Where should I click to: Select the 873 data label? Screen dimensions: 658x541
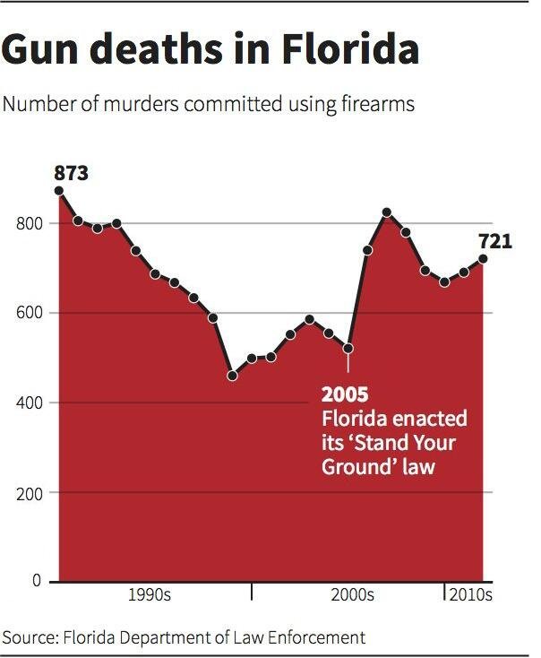[x=71, y=173]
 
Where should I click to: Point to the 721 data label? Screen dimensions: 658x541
[x=494, y=241]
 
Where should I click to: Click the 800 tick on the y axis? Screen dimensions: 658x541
[x=29, y=224]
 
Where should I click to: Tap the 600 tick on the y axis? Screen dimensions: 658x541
[x=29, y=314]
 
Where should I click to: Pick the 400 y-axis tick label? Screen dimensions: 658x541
[x=29, y=403]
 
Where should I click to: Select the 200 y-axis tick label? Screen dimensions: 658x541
[x=29, y=493]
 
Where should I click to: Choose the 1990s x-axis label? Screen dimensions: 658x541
[x=150, y=595]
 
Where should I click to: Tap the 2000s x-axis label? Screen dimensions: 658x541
[x=352, y=595]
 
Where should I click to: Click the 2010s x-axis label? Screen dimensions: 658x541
[x=470, y=595]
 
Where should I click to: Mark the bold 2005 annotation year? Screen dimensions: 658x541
[x=345, y=395]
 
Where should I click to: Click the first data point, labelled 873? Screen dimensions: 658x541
[x=59, y=190]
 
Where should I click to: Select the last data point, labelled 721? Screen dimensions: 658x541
[x=484, y=259]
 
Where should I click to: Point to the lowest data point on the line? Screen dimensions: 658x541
[x=233, y=376]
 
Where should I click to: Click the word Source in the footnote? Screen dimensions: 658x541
[x=28, y=638]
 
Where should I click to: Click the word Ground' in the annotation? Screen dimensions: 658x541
[x=356, y=467]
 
